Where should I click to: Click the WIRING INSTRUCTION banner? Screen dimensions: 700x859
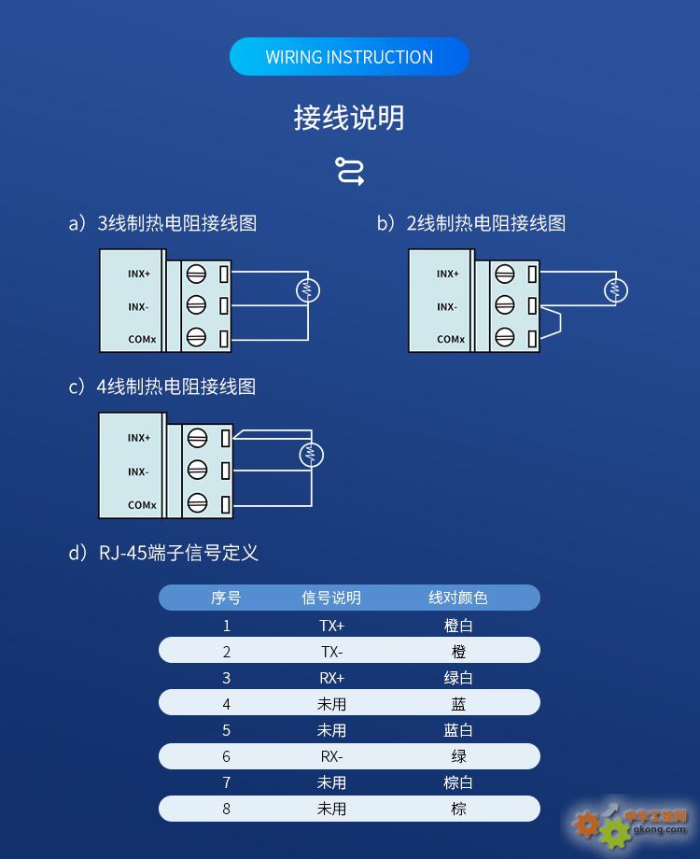click(x=349, y=56)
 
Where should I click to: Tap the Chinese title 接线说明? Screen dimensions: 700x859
click(x=349, y=118)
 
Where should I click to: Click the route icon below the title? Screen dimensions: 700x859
click(x=349, y=171)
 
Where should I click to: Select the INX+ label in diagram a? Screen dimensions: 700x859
click(x=138, y=274)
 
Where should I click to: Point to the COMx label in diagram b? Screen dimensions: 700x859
click(x=451, y=340)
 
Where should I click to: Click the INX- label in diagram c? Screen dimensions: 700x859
click(x=138, y=472)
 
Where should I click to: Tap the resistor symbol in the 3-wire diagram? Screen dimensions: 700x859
click(x=308, y=290)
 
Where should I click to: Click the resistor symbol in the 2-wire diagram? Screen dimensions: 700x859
click(x=616, y=290)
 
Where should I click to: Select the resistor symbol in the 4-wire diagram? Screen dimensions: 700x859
click(x=311, y=455)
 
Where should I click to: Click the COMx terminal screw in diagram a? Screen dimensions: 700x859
click(x=196, y=337)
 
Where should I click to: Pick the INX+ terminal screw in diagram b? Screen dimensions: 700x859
click(x=504, y=274)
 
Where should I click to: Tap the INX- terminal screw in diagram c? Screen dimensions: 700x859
click(x=197, y=470)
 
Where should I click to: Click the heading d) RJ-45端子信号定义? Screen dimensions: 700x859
click(x=163, y=552)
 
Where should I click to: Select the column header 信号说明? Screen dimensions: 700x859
click(x=331, y=598)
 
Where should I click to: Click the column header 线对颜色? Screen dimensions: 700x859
click(x=458, y=598)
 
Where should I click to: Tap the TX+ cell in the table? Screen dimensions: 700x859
click(x=332, y=626)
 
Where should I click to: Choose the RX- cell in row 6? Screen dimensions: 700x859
click(x=332, y=756)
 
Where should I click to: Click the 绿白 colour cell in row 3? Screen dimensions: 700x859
click(x=458, y=678)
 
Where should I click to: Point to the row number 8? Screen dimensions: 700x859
click(x=226, y=809)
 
